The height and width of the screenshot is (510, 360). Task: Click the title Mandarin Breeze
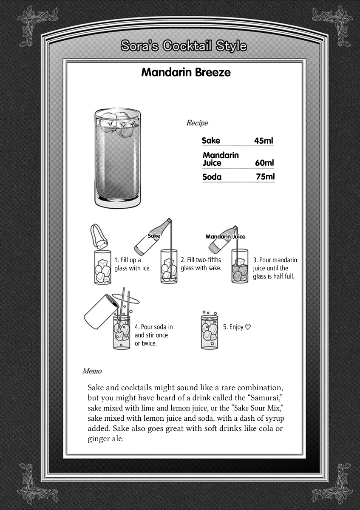(x=186, y=72)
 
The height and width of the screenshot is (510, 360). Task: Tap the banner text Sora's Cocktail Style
(x=183, y=45)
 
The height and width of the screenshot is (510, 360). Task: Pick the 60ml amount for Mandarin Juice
(x=264, y=163)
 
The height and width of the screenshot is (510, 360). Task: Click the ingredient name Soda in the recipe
(x=212, y=177)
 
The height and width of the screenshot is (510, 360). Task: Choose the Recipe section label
(x=197, y=123)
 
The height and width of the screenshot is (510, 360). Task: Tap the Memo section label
(x=92, y=371)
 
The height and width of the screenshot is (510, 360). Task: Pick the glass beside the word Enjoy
(x=209, y=332)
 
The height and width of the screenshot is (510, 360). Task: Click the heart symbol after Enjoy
(x=249, y=327)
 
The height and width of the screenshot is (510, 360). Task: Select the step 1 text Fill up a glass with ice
(x=132, y=264)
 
